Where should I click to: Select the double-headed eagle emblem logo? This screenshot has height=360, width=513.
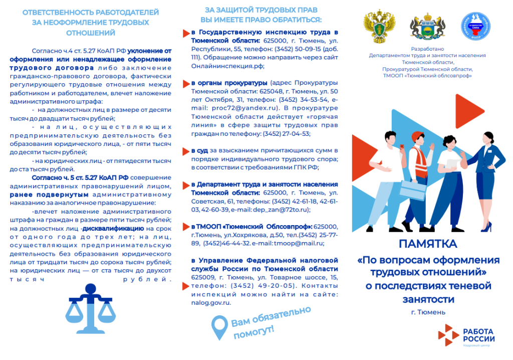coord(379,28)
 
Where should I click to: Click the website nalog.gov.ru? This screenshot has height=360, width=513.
coord(211,303)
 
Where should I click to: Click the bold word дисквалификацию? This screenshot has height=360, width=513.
coord(113,228)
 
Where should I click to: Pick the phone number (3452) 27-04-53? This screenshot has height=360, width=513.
coord(288,133)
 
